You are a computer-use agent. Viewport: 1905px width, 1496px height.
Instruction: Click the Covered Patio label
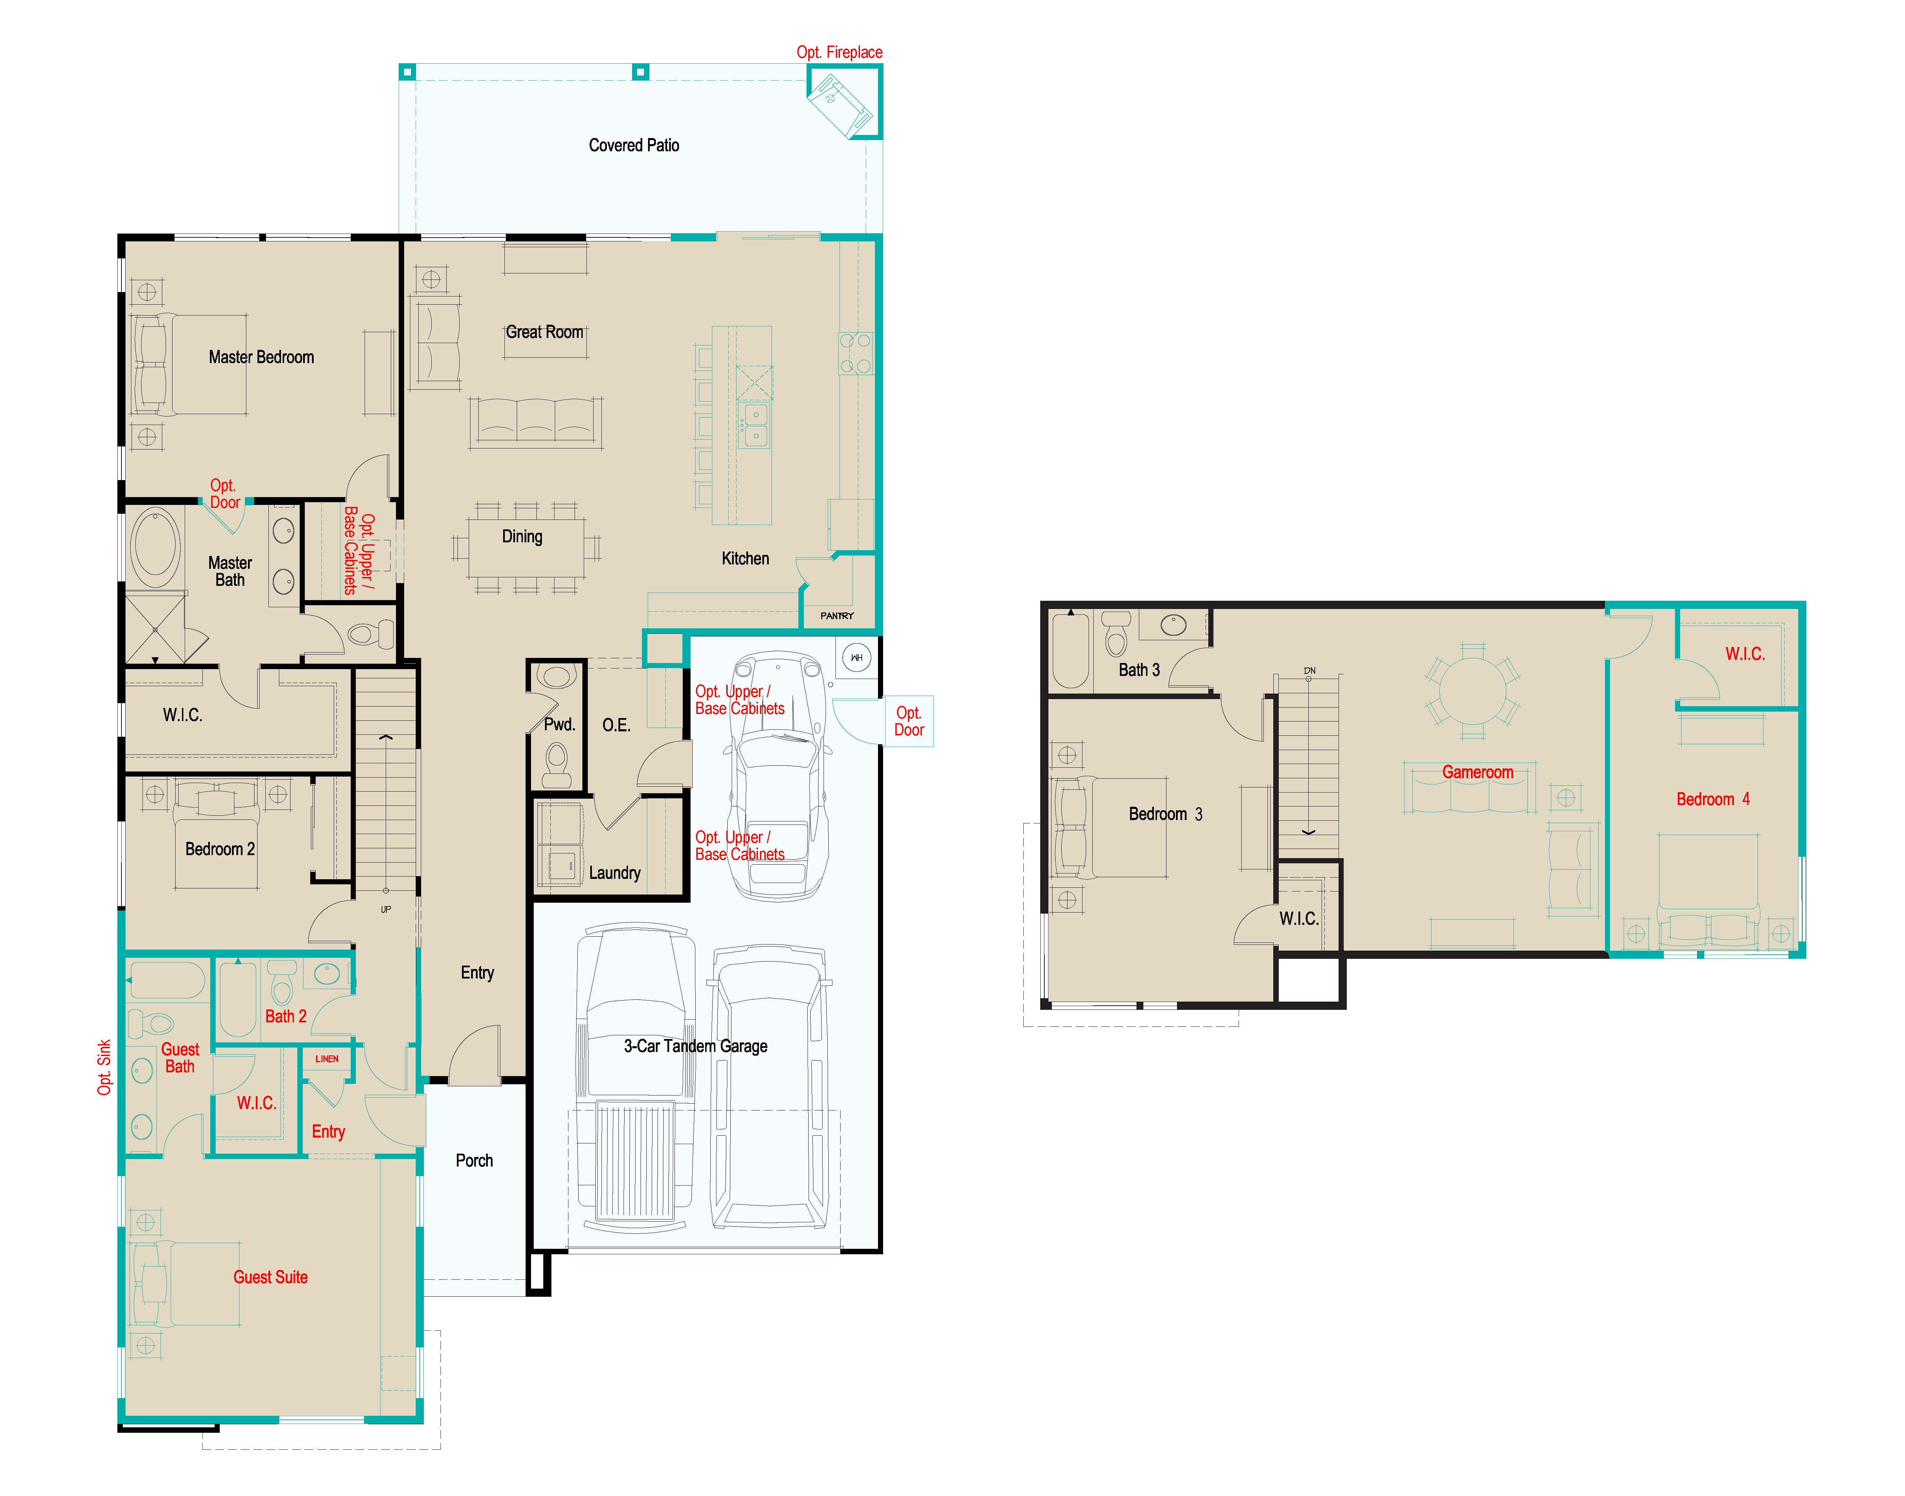coord(633,146)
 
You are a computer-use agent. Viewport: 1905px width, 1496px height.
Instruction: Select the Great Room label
coord(544,332)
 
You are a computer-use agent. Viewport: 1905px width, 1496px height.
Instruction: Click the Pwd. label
coord(559,724)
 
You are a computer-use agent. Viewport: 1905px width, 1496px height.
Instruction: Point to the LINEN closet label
coord(327,1059)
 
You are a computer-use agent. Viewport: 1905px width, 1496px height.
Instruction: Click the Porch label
coord(474,1160)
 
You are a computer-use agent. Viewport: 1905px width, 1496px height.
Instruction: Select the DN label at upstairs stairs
coord(1309,671)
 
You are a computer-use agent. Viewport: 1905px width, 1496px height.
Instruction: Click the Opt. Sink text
coord(104,1067)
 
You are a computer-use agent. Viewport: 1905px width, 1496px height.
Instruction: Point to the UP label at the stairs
coord(385,910)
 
